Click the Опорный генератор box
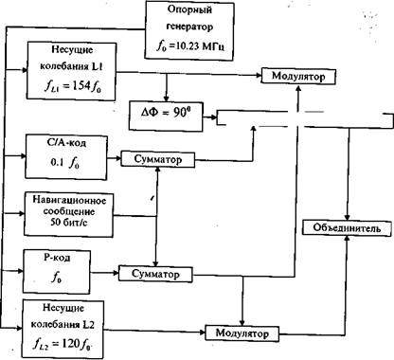tap(189, 30)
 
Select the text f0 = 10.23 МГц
tap(190, 46)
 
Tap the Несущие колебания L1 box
tap(71, 71)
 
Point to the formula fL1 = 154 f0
tap(73, 86)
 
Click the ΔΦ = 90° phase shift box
tap(166, 116)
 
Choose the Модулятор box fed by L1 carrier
tap(298, 76)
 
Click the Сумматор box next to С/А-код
tap(158, 159)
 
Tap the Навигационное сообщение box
tap(69, 214)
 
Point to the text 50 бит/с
tap(69, 223)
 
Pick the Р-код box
tap(57, 272)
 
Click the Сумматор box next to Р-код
tap(155, 274)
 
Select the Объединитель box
tap(347, 227)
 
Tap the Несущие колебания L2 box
tap(63, 329)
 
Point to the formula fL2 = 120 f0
tap(62, 343)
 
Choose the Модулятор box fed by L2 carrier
tap(242, 333)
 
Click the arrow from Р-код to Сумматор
tap(104, 272)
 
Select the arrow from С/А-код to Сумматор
tap(115, 158)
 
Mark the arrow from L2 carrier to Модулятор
tap(154, 332)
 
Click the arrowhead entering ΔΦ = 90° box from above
tap(166, 98)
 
